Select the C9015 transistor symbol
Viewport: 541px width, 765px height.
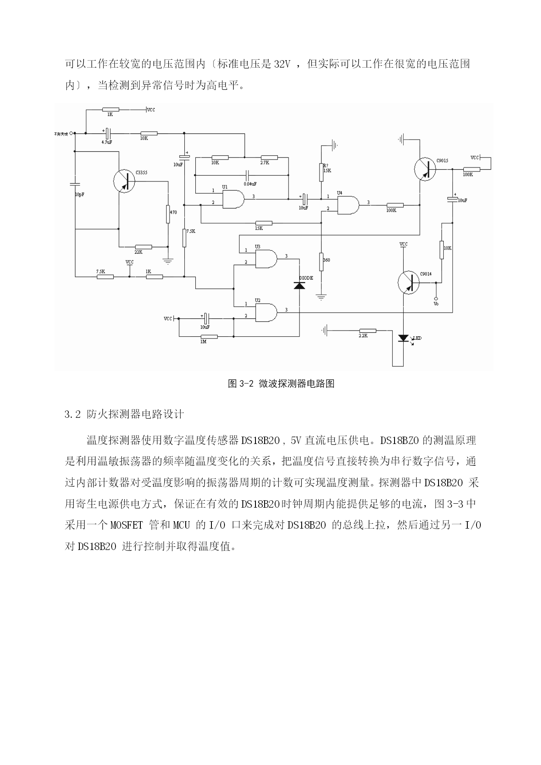[x=425, y=168]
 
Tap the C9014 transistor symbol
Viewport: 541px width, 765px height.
[x=409, y=281]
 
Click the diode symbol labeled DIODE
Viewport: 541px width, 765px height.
[x=299, y=285]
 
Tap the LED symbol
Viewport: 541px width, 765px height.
[x=404, y=338]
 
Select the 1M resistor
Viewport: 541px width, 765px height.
[x=209, y=336]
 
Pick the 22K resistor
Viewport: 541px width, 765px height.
[x=143, y=247]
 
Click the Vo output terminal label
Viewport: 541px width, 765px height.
[x=436, y=304]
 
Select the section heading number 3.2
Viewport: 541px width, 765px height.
[x=72, y=414]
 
